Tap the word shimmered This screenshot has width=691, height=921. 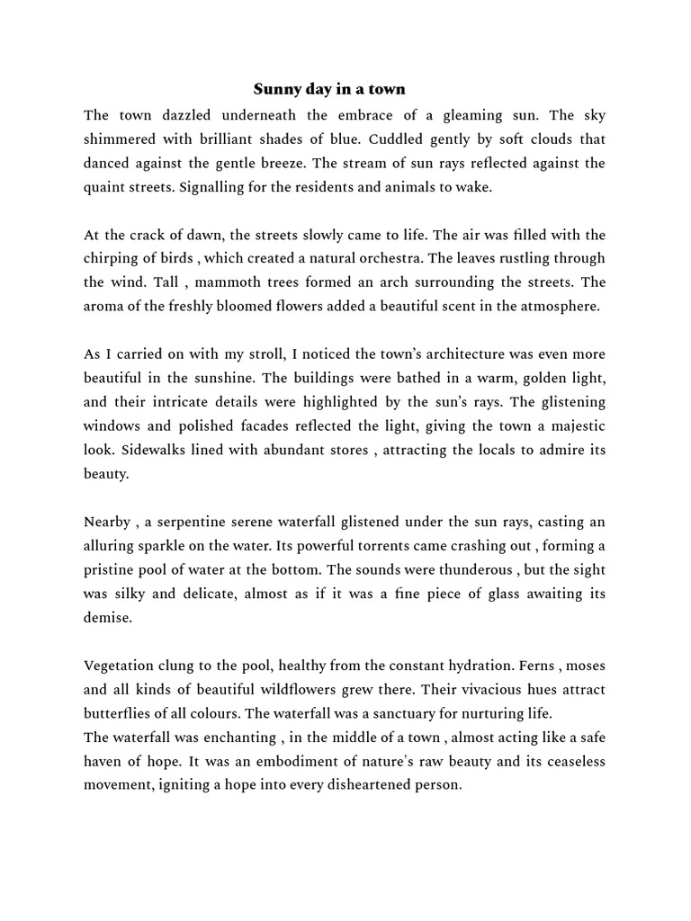coord(119,139)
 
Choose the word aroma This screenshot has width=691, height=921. coord(104,306)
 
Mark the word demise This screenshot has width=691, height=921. coord(107,617)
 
